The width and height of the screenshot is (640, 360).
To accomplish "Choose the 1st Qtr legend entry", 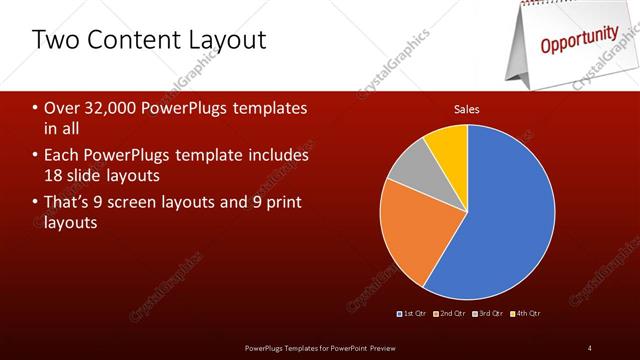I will pos(413,314).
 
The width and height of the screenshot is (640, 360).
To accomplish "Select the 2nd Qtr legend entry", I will pos(450,314).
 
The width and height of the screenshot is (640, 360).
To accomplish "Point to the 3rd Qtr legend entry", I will pos(487,314).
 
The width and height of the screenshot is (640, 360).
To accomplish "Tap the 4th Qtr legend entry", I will pos(524,314).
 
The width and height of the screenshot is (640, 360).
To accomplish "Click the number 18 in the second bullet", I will pos(54,176).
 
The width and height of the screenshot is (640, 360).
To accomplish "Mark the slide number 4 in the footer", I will pos(590,347).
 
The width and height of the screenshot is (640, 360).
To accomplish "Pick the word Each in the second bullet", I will pos(61,156).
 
